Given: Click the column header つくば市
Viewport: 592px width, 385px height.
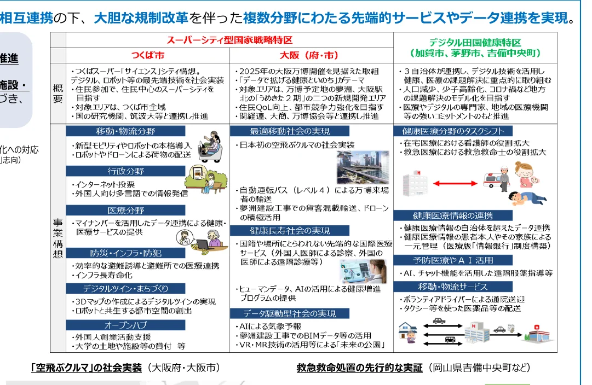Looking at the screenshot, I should [x=148, y=56].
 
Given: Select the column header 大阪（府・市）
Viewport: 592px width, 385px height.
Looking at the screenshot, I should [x=309, y=56].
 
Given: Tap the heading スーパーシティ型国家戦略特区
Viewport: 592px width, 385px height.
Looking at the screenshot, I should [x=229, y=40].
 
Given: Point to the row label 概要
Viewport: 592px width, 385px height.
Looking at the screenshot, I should [x=58, y=93].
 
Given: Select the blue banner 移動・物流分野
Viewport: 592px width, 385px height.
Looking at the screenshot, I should [x=126, y=131].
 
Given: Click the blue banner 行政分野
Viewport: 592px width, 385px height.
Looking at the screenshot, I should [x=126, y=171].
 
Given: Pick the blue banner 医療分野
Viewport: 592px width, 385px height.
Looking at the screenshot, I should [x=126, y=211].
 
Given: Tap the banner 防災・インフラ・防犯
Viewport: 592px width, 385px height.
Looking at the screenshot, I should [x=126, y=253].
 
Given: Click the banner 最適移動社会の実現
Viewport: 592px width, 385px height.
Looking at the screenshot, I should [x=290, y=131].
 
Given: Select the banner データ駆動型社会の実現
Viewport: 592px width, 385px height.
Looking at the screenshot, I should [x=290, y=313].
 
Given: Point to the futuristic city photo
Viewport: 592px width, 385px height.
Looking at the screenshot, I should [x=362, y=166].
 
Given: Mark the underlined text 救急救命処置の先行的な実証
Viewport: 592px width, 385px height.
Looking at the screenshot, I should [x=359, y=368].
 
